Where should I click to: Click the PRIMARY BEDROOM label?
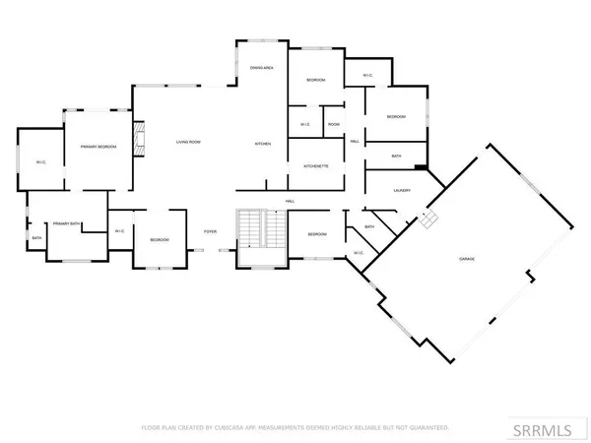[98, 146]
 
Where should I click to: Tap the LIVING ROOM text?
[189, 144]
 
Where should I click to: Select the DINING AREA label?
[261, 67]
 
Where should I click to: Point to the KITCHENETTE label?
[315, 166]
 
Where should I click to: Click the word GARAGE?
[467, 257]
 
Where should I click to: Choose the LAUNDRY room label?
[401, 191]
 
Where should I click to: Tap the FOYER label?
[210, 231]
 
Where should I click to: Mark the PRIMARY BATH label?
[66, 223]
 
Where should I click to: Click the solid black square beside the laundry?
[420, 167]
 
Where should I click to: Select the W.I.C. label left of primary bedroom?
[41, 161]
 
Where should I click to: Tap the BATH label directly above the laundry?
[396, 157]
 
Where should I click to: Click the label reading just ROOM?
[334, 124]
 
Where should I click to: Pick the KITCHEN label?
[263, 144]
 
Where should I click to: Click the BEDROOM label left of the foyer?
[160, 240]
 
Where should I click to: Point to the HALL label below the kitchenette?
[291, 202]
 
